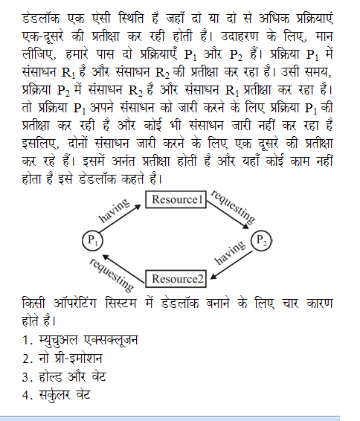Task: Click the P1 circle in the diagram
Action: pos(93,241)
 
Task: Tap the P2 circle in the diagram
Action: pos(262,240)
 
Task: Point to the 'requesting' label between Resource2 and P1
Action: pos(112,274)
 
